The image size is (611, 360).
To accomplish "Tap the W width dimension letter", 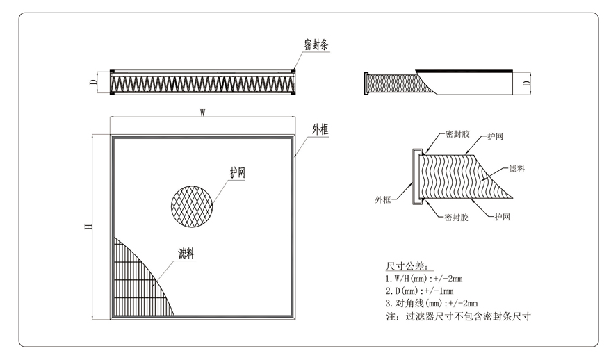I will tap(202, 111).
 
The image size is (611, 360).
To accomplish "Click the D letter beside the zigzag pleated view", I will tap(93, 83).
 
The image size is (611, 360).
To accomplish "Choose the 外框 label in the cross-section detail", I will tap(383, 199).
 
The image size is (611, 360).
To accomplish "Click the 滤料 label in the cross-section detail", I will tap(516, 168).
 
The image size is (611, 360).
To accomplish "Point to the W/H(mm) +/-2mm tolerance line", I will tap(423, 279).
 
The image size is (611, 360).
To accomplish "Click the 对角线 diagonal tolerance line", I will tap(427, 304).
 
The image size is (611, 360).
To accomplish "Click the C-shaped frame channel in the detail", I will tap(416, 177).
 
